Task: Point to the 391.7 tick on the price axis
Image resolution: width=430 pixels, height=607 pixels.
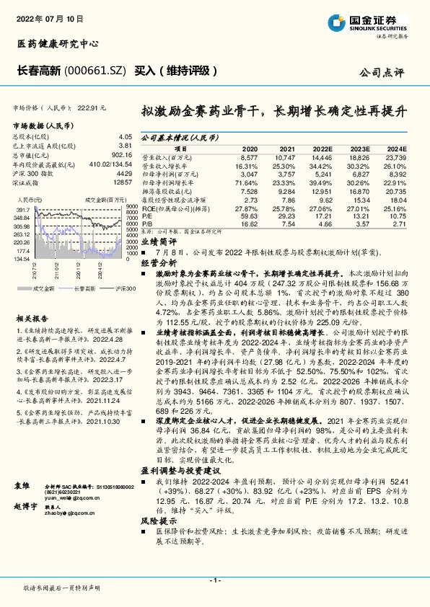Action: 22,208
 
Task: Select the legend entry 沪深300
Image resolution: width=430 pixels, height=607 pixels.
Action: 124,288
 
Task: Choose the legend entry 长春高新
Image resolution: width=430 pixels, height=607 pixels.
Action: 84,288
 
